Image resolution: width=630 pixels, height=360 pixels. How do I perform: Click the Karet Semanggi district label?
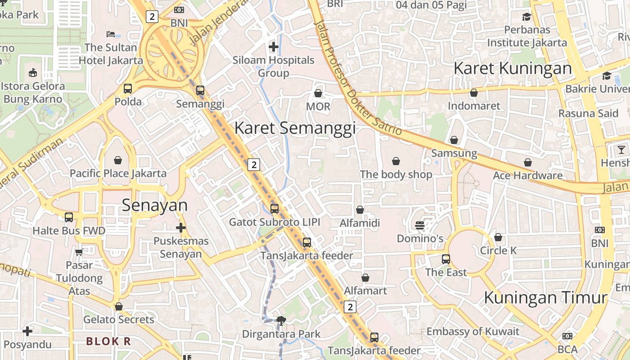point(295,128)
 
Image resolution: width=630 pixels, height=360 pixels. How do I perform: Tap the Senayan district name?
point(155,205)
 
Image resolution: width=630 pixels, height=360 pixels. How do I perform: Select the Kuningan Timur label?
point(545,297)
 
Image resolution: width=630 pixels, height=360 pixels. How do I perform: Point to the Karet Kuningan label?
point(513,68)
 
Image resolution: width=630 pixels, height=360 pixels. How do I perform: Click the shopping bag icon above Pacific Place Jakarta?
point(118,160)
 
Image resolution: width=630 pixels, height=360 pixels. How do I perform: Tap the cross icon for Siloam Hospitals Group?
point(273,47)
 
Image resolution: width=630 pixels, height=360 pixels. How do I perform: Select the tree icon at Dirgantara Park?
point(281,321)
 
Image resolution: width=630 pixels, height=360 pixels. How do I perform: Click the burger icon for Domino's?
point(419,225)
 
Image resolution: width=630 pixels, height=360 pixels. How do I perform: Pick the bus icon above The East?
point(446,259)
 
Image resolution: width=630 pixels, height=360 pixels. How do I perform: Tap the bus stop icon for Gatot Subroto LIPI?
point(274,209)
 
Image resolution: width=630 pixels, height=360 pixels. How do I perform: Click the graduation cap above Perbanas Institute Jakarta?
point(526,17)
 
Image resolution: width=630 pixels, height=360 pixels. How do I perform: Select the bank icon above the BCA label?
point(567,336)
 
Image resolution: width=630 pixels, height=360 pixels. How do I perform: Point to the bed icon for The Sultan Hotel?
point(111,34)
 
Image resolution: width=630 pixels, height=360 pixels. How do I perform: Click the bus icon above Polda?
point(128,89)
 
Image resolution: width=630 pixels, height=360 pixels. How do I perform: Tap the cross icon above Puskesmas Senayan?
point(181,228)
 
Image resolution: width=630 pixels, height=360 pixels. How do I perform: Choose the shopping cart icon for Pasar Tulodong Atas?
point(79,252)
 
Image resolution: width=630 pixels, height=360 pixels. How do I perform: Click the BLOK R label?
point(108,341)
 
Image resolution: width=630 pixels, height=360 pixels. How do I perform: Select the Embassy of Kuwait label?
point(472,332)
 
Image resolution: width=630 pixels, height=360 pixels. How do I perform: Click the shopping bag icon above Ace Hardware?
point(528,162)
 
